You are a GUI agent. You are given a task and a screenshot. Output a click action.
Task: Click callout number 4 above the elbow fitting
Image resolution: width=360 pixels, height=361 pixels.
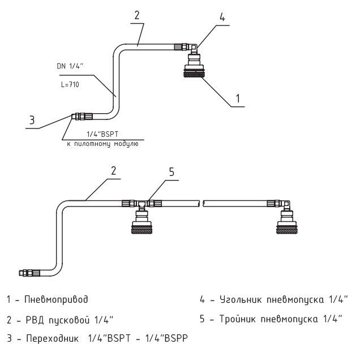pos(222,18)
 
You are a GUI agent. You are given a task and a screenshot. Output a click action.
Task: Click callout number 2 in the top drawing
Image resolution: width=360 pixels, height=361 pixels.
pos(135,15)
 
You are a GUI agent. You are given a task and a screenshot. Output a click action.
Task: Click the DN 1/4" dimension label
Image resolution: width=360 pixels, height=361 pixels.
pos(69,66)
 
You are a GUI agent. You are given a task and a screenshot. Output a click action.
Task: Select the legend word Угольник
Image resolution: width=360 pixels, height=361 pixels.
pos(230,298)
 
